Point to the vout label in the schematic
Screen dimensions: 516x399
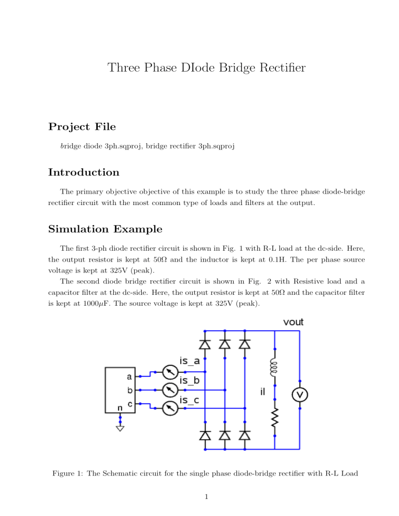tap(293, 322)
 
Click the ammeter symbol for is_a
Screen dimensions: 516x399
tap(170, 372)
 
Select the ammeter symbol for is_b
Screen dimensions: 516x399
tap(170, 390)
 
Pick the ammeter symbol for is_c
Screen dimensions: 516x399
tap(170, 409)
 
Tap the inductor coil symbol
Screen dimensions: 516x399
tap(275, 367)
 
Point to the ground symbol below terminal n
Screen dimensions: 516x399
tap(121, 428)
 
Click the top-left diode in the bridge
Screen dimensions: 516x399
tap(205, 344)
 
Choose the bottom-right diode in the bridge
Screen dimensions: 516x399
tap(245, 435)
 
